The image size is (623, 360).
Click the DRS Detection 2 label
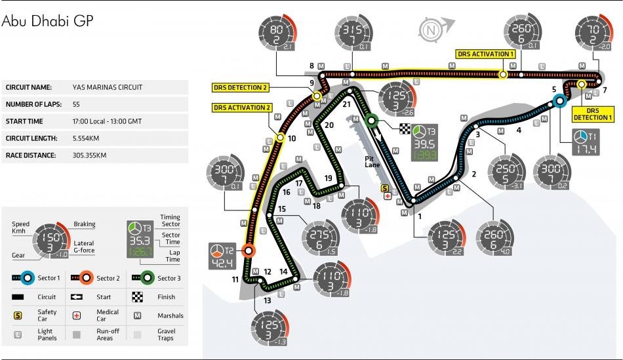coord(240,87)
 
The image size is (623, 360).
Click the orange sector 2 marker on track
coord(249,250)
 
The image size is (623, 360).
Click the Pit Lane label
coord(374,161)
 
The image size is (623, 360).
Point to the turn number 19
coord(329,178)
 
